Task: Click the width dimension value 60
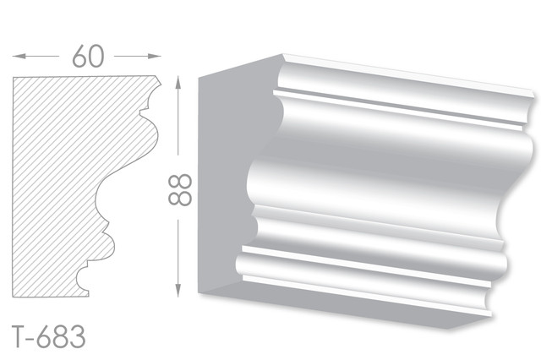pyautogui.click(x=88, y=56)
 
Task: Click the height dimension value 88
pyautogui.click(x=180, y=189)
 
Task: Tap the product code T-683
pyautogui.click(x=48, y=337)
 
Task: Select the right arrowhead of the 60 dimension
pyautogui.click(x=155, y=56)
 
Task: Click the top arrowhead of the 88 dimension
pyautogui.click(x=178, y=83)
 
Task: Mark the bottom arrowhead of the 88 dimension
pyautogui.click(x=178, y=291)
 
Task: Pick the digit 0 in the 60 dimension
pyautogui.click(x=96, y=57)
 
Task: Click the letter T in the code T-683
pyautogui.click(x=18, y=337)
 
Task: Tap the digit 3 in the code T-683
pyautogui.click(x=78, y=337)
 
